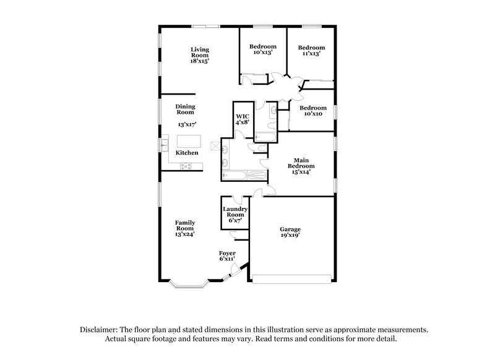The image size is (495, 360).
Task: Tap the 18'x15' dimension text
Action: coord(199,61)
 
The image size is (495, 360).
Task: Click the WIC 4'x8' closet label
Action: coord(242,119)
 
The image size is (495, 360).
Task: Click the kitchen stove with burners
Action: coord(186,166)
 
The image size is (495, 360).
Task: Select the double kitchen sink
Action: coord(165,147)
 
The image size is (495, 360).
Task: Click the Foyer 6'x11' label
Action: coord(228,257)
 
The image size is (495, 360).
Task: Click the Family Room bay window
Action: coord(190,285)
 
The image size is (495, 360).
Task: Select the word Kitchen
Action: coord(187,153)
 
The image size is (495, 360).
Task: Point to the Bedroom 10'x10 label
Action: coord(312,111)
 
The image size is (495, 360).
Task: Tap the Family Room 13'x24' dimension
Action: coord(185,234)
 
